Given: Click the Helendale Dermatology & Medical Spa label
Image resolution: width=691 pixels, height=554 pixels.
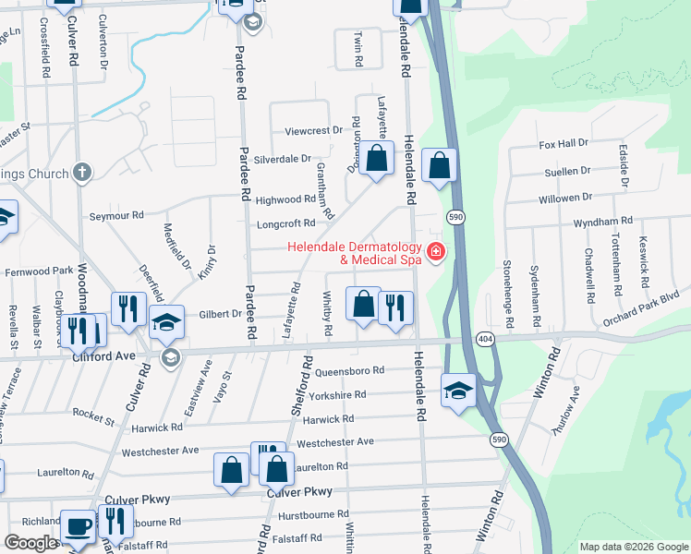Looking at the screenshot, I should [x=354, y=253].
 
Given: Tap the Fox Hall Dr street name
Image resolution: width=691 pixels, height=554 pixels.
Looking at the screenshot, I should [x=564, y=144].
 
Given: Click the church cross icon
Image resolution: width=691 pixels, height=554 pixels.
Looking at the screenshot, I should [x=82, y=172].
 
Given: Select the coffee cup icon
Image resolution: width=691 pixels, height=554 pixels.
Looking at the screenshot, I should [x=79, y=525].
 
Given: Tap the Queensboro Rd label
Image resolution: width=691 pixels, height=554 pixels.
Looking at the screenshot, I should [x=349, y=371].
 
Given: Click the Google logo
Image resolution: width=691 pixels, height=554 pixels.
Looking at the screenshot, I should [x=31, y=543].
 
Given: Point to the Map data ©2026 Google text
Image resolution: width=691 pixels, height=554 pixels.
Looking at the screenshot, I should [x=633, y=547].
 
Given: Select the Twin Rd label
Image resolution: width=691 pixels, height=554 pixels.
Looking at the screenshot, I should [x=358, y=50].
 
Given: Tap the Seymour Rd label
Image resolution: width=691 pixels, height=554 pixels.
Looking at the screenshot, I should [x=116, y=215].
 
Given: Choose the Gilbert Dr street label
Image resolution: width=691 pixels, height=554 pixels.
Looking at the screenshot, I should [x=220, y=315].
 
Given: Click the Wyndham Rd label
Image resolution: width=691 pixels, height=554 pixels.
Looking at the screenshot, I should [x=602, y=222].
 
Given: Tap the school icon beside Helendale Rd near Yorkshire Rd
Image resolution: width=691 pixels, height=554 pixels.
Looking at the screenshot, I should [x=458, y=390].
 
